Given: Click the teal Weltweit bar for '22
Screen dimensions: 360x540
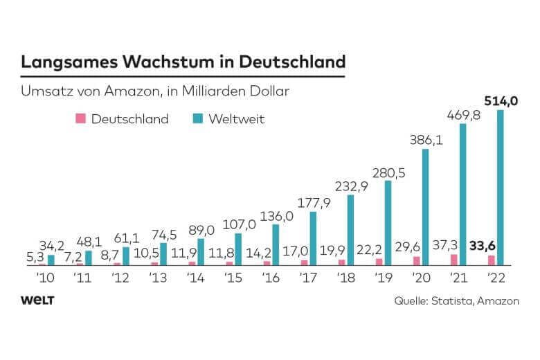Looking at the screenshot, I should [500, 187].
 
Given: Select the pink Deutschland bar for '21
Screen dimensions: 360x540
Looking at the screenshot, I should [453, 260].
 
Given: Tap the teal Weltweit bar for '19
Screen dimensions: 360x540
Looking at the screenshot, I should [388, 222].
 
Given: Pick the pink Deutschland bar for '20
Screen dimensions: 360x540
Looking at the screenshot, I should [416, 261].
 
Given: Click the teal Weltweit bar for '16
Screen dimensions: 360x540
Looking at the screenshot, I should [276, 244].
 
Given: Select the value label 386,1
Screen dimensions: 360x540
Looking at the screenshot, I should [425, 140].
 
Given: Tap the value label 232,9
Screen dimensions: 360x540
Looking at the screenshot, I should [350, 186].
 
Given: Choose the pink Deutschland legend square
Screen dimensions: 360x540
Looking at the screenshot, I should [80, 118].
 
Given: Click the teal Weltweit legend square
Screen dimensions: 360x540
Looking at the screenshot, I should [197, 118].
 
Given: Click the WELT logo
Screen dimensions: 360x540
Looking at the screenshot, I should [38, 300].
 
